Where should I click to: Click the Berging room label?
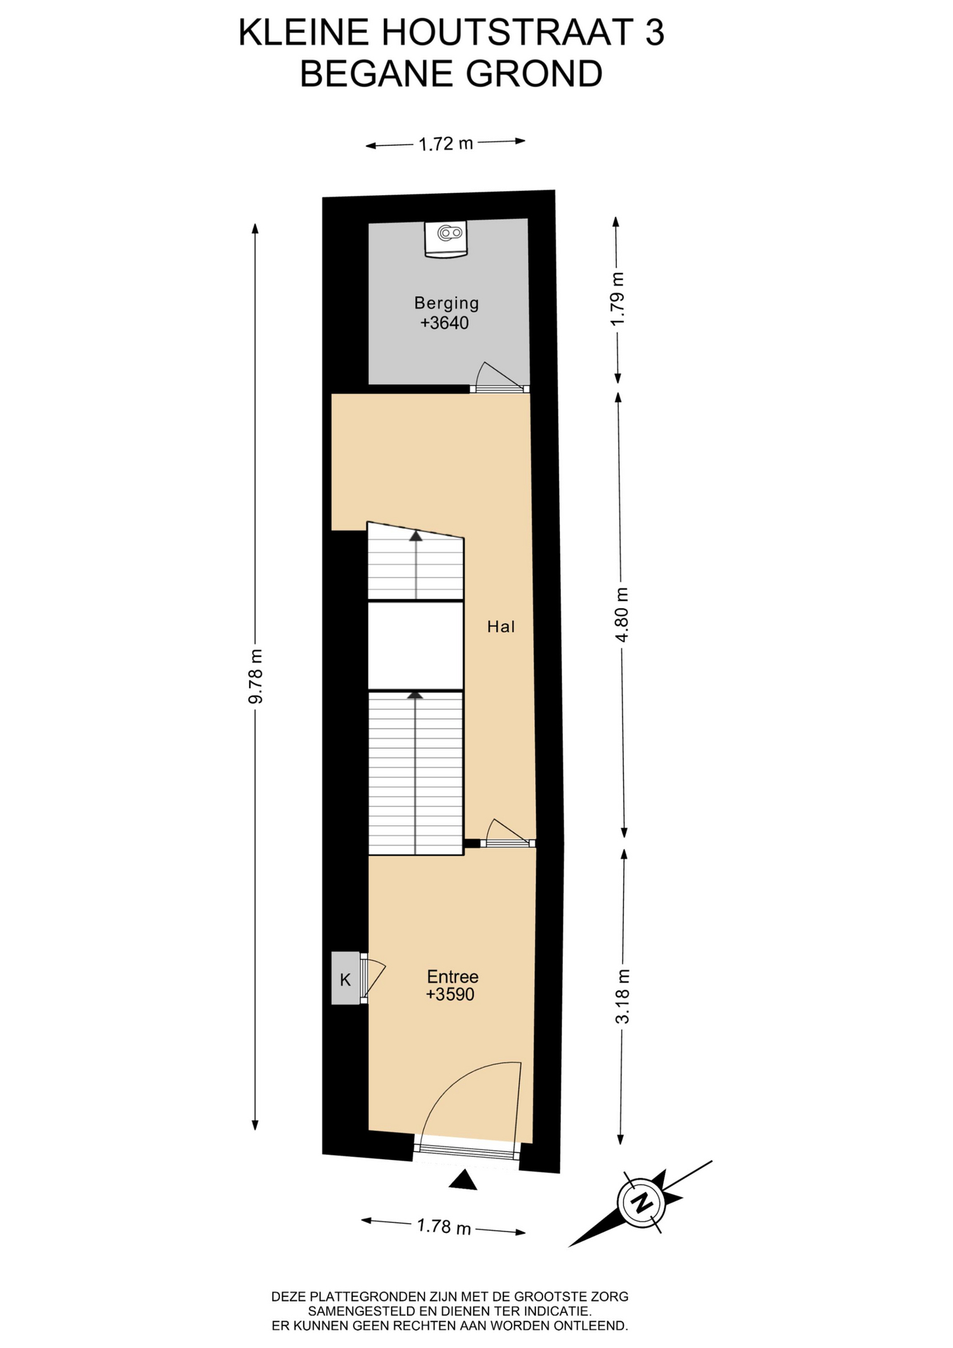pos(446,303)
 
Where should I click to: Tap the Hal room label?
pos(501,626)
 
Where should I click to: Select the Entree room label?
pos(453,977)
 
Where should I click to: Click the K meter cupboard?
pos(345,978)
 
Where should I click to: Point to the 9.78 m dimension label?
pos(256,676)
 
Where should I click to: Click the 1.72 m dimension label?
pos(446,144)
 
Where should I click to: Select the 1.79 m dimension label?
pos(618,299)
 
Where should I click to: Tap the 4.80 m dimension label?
pos(622,614)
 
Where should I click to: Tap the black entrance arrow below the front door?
pos(463,1180)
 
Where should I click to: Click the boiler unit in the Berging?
pos(446,239)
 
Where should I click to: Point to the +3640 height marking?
pos(444,323)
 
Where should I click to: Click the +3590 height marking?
pos(450,994)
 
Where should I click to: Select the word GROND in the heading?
pos(534,74)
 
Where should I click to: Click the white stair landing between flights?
pos(415,646)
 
